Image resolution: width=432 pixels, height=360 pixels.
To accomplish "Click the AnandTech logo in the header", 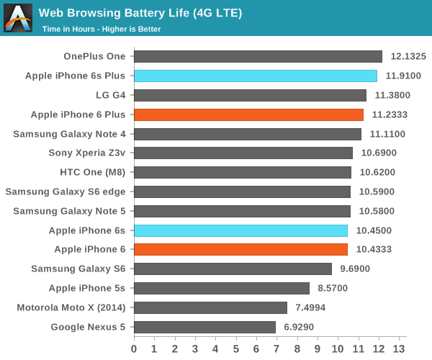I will click(18, 18).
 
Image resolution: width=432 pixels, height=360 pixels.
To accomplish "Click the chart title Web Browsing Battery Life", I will click(140, 13).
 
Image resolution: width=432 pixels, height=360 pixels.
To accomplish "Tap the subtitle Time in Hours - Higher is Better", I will click(101, 29).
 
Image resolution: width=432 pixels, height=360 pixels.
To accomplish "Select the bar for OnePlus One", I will click(258, 56).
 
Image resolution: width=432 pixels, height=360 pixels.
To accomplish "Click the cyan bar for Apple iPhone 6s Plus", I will click(256, 76).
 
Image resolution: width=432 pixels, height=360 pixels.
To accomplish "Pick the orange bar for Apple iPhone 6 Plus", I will click(248, 114).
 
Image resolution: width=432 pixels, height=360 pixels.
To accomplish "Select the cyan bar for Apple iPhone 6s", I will click(240, 230).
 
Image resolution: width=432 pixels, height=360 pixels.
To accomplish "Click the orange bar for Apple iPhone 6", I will click(240, 250).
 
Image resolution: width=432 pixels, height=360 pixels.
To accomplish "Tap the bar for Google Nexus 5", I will click(204, 327).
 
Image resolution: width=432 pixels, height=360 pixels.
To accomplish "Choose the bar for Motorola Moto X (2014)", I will click(210, 307).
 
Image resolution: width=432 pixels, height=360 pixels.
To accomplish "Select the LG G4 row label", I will click(110, 95).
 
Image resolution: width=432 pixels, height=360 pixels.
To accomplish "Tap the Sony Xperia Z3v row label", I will click(86, 153).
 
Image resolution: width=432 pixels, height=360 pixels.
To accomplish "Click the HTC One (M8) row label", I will click(92, 172).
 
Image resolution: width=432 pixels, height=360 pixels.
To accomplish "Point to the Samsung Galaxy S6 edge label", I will click(66, 192).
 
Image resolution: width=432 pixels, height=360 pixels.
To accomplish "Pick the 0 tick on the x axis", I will click(134, 348).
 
